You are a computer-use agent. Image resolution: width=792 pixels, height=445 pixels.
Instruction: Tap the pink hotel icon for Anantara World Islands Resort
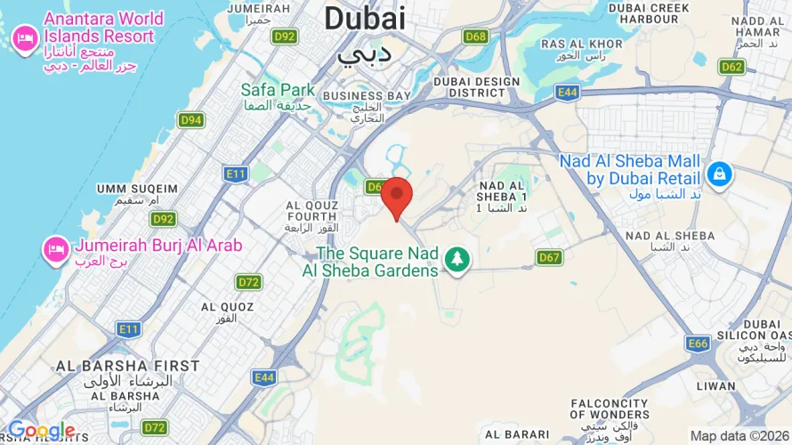pyautogui.click(x=24, y=38)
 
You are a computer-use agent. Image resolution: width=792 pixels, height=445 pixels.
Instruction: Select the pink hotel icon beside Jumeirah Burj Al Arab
pyautogui.click(x=55, y=249)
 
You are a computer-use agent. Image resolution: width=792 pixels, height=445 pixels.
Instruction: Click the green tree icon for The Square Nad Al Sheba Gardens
pyautogui.click(x=457, y=260)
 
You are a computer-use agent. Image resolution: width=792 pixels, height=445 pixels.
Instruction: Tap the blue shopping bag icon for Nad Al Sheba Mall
pyautogui.click(x=720, y=174)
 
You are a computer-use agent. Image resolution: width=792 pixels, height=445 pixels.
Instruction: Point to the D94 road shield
pyautogui.click(x=190, y=119)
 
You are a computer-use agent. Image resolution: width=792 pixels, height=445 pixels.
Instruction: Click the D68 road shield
pyautogui.click(x=476, y=36)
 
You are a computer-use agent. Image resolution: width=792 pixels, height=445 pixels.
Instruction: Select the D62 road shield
pyautogui.click(x=732, y=67)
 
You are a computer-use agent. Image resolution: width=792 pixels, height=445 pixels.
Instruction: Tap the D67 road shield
pyautogui.click(x=550, y=257)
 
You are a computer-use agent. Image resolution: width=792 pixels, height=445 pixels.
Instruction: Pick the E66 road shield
pyautogui.click(x=699, y=343)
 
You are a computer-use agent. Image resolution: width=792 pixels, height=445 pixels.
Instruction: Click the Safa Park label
pyautogui.click(x=279, y=90)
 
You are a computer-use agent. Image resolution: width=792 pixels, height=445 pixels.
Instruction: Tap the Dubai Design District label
pyautogui.click(x=476, y=87)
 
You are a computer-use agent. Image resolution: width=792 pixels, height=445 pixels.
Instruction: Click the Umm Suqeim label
pyautogui.click(x=137, y=188)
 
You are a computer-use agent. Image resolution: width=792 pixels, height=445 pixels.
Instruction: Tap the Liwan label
pyautogui.click(x=717, y=386)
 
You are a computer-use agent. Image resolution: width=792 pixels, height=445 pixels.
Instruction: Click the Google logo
pyautogui.click(x=41, y=431)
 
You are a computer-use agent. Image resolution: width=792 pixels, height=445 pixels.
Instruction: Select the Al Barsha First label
pyautogui.click(x=128, y=366)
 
